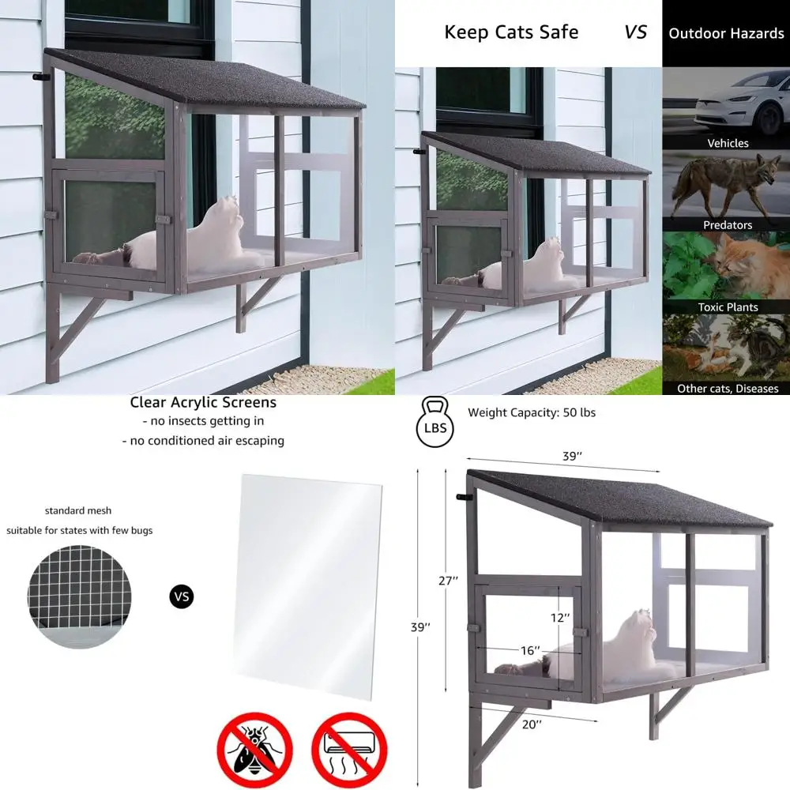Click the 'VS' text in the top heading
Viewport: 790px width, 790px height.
635,32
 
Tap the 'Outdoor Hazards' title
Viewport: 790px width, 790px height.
726,33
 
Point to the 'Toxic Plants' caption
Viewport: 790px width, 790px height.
728,307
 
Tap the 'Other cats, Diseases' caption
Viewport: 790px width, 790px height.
728,388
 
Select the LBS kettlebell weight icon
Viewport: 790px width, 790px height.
434,423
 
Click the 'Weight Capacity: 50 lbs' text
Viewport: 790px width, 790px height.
531,412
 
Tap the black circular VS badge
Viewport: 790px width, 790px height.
182,596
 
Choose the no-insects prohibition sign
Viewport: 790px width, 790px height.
254,750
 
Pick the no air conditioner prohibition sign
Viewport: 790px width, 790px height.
348,750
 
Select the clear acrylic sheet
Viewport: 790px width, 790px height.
309,585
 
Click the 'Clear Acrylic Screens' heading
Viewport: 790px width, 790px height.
203,403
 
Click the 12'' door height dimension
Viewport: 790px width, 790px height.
560,617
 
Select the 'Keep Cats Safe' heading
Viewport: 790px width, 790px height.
511,32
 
